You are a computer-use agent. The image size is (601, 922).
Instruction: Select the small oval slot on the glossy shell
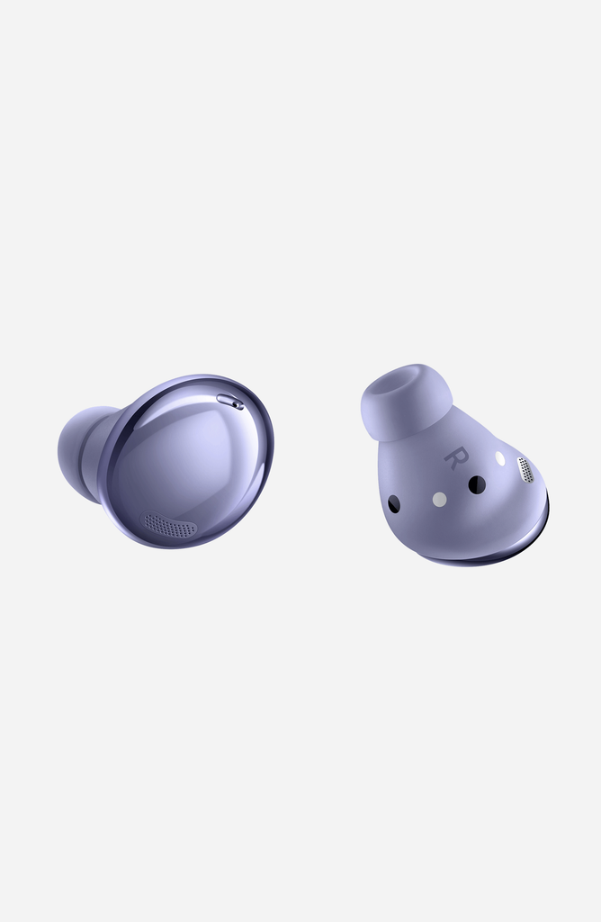(x=230, y=402)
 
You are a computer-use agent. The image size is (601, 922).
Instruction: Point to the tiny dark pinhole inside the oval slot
(x=238, y=404)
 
